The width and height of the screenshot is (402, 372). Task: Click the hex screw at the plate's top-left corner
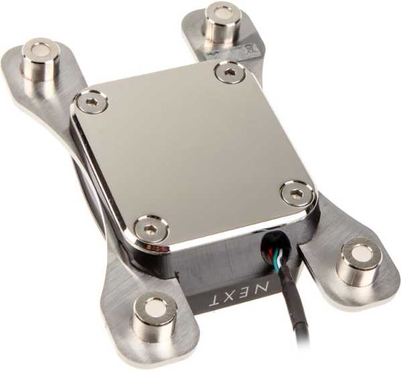coord(92,102)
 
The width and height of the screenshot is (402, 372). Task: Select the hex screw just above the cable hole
coord(295,194)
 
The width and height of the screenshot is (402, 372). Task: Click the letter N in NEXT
coord(264,290)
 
